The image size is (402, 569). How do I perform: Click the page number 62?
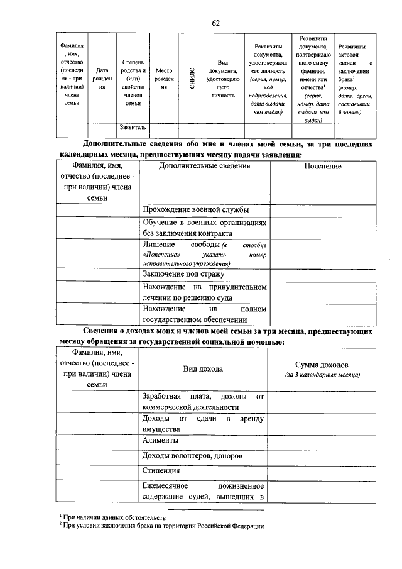tap(215, 23)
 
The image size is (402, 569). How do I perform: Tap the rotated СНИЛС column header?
tap(191, 78)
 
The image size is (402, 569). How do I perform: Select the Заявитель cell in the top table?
tap(133, 128)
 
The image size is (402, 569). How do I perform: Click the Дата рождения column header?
tap(101, 79)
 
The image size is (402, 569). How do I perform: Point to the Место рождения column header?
tap(163, 79)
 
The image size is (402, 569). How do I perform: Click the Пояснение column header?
tap(322, 167)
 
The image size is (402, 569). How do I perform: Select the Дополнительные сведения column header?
tap(205, 167)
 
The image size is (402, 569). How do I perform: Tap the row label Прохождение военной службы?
tap(195, 209)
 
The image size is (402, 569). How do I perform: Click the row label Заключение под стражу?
tap(183, 274)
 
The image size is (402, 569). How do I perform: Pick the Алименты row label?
tap(161, 441)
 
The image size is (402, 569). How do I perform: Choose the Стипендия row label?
tap(165, 470)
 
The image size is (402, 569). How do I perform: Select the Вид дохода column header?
tap(203, 369)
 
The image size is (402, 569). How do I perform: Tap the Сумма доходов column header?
tap(322, 369)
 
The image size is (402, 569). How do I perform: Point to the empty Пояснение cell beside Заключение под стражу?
tap(322, 274)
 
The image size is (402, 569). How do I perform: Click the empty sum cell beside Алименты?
tap(322, 441)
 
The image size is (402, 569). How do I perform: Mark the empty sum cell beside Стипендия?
tap(322, 470)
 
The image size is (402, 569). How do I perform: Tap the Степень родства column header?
tap(133, 79)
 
